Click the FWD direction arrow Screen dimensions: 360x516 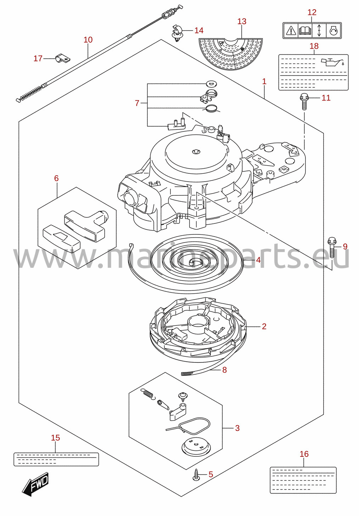pos(35,484)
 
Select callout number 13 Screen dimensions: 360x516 pos(242,21)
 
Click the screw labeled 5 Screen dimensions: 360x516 pos(196,475)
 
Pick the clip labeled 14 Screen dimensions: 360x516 pos(177,34)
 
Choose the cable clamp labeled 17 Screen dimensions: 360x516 pos(63,59)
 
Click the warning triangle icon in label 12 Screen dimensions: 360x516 pos(291,30)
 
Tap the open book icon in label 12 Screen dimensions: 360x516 pos(305,30)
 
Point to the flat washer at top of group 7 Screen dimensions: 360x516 pos(210,83)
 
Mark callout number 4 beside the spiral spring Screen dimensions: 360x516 pos(258,260)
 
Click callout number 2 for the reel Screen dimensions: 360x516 pos(264,326)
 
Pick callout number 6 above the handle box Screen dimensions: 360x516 pos(56,178)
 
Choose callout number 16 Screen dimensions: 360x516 pos(304,454)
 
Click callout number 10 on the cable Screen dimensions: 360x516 pos(88,40)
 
